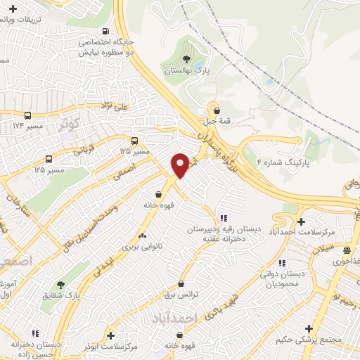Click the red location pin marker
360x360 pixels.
tap(180, 164)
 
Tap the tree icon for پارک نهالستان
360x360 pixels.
tap(186, 59)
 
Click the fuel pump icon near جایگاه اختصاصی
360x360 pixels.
tap(105, 31)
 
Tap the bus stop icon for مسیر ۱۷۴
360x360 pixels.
tap(27, 115)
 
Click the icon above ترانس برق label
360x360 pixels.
tap(181, 284)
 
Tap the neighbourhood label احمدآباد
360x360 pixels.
tap(173, 319)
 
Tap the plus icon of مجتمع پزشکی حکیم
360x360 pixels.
tap(309, 328)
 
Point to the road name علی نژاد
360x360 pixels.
tap(113, 107)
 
